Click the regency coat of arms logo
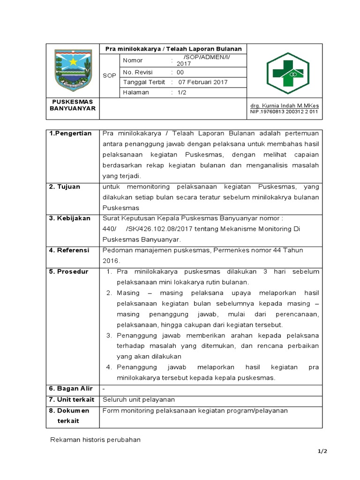pyautogui.click(x=73, y=71)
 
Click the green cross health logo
pyautogui.click(x=285, y=73)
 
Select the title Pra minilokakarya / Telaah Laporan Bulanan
pyautogui.click(x=173, y=49)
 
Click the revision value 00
pyautogui.click(x=180, y=72)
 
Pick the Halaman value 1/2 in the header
pyautogui.click(x=182, y=92)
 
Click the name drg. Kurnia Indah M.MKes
pyautogui.click(x=284, y=106)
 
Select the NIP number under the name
pyautogui.click(x=284, y=112)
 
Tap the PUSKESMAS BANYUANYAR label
pyautogui.click(x=73, y=105)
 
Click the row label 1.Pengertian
pyautogui.click(x=70, y=134)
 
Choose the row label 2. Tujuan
pyautogui.click(x=65, y=187)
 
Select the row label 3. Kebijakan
pyautogui.click(x=70, y=218)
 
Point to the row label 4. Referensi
pyautogui.click(x=69, y=250)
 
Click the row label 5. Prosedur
pyautogui.click(x=68, y=272)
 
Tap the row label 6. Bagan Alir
pyautogui.click(x=71, y=389)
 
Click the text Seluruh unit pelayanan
pyautogui.click(x=139, y=399)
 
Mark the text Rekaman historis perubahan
pyautogui.click(x=95, y=440)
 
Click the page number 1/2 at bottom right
pyautogui.click(x=322, y=451)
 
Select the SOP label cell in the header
pyautogui.click(x=110, y=75)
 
